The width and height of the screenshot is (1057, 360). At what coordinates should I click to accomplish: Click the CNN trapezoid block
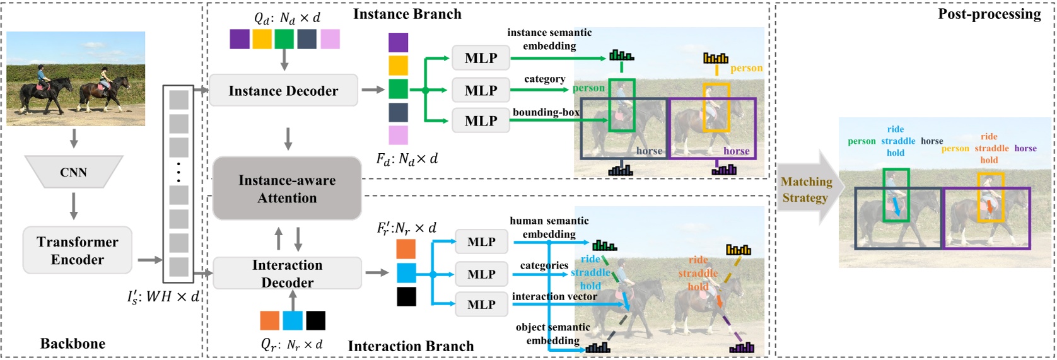point(73,172)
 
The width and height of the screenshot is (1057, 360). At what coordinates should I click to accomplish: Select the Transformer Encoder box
point(78,250)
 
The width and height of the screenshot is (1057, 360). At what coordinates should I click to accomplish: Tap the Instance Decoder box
point(283,91)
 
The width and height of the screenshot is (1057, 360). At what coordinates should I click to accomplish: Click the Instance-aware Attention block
point(287,189)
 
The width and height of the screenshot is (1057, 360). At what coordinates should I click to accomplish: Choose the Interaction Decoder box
point(287,273)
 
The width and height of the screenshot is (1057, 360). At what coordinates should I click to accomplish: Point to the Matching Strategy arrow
point(807,189)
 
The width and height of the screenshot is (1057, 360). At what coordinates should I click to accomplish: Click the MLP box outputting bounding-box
point(481,120)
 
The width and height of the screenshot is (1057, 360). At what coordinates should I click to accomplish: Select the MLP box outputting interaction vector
point(481,305)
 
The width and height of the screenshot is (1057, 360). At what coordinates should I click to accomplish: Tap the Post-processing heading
point(989,14)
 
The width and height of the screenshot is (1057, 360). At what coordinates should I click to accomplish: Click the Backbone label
point(73,343)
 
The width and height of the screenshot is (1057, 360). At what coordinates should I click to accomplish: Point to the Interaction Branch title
point(411,345)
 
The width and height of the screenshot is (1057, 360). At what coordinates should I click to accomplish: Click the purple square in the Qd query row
point(240,39)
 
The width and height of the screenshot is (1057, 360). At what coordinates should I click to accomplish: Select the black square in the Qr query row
point(315,320)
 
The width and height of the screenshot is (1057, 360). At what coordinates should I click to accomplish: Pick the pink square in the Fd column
point(398,135)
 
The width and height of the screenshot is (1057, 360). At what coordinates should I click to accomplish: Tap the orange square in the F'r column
point(406,249)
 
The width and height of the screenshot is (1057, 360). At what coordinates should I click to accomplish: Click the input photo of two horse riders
point(76,79)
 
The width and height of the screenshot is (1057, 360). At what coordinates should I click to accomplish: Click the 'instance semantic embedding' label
point(549,39)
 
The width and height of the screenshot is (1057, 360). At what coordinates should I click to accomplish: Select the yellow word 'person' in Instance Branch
point(746,68)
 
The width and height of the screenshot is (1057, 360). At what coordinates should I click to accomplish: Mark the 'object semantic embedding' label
point(553,334)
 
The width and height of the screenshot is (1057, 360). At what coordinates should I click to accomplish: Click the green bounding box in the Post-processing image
point(896,195)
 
